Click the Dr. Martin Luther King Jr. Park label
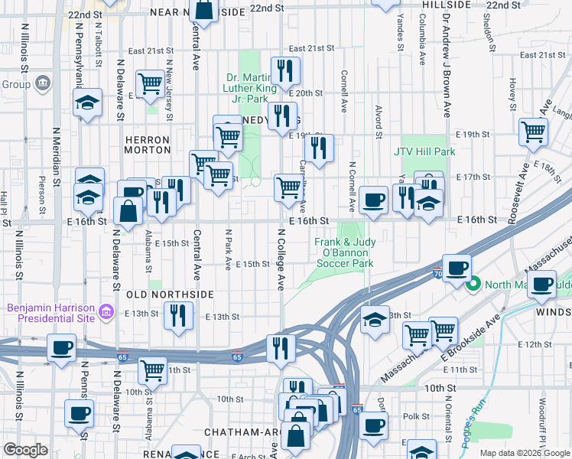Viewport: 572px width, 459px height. point(247,88)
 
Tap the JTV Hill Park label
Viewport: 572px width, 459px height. point(424,151)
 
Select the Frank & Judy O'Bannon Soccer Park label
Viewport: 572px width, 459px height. point(344,253)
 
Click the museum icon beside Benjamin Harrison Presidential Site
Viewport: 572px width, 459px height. point(106,312)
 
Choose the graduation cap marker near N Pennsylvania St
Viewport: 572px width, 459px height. point(88,102)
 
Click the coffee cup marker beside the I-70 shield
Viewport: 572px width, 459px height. point(457,267)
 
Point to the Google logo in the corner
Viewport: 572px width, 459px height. point(25,450)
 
